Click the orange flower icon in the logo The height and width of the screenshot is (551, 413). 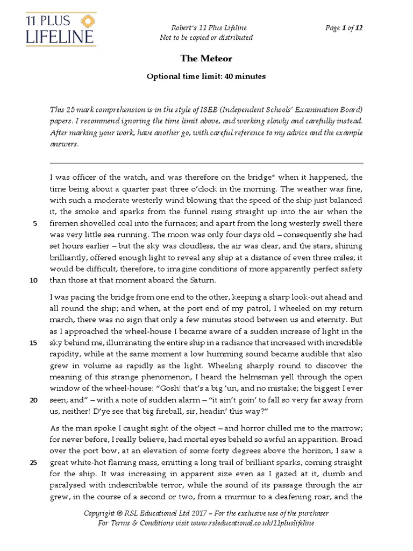pyautogui.click(x=85, y=21)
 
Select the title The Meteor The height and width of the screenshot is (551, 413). pyautogui.click(x=206, y=58)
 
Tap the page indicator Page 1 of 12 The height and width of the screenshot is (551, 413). pyautogui.click(x=344, y=29)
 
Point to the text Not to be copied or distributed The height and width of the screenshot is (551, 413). pyautogui.click(x=206, y=38)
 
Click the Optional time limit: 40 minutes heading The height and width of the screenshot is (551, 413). pyautogui.click(x=206, y=76)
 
